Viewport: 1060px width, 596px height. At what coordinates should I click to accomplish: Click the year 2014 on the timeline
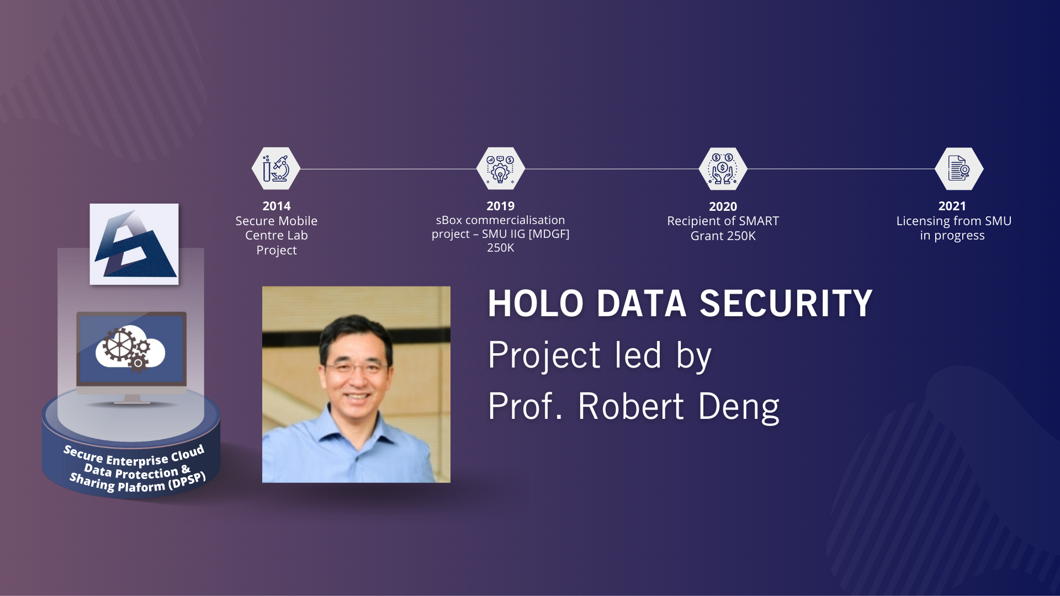tap(276, 206)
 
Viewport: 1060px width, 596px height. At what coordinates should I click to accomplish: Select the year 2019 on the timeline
tap(500, 206)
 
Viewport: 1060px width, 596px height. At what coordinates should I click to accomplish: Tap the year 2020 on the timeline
tap(723, 207)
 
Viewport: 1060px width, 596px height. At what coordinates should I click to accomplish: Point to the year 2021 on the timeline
tap(952, 206)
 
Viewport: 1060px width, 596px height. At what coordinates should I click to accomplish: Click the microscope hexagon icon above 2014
tap(276, 168)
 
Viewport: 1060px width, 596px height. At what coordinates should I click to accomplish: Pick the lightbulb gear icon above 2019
tap(500, 168)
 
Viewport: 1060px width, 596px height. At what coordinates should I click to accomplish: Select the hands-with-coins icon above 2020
tap(723, 168)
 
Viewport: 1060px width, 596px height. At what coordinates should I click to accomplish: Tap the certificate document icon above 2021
tap(959, 168)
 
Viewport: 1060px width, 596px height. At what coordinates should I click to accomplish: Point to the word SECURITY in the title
tap(786, 304)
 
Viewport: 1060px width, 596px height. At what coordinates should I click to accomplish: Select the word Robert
tap(631, 407)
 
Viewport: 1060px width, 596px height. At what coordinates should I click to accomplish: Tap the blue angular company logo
tap(135, 243)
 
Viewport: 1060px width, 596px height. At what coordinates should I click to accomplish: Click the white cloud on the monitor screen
tap(130, 347)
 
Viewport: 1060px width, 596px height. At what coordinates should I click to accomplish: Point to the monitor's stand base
tap(132, 401)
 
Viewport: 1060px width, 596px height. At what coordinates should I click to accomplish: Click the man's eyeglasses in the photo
tap(357, 366)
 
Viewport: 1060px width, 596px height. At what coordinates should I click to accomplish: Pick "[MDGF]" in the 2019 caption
tap(549, 234)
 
